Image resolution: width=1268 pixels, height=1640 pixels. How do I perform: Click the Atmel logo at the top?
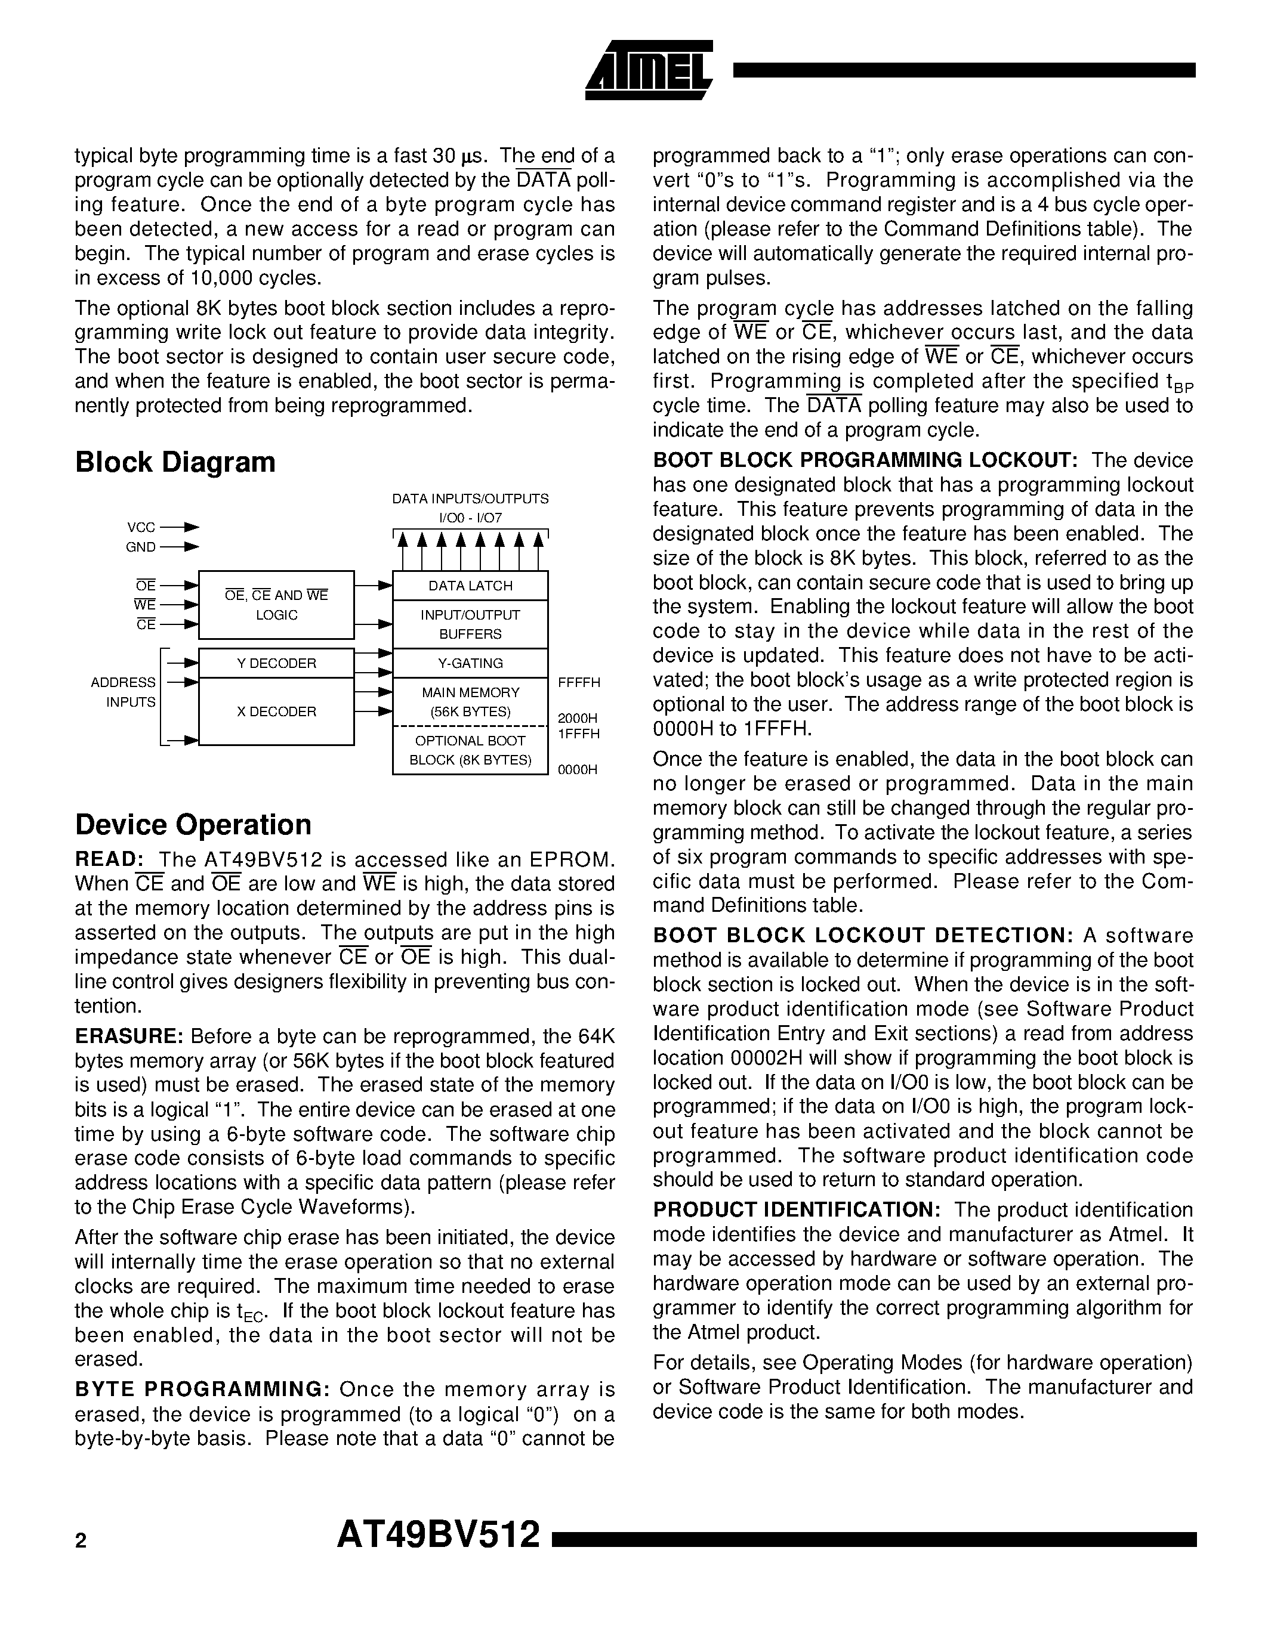[647, 70]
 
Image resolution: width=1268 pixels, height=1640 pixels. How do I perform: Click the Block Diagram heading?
[175, 462]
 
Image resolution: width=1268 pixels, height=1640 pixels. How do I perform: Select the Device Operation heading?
[193, 825]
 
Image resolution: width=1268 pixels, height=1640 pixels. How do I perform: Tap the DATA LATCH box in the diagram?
[470, 586]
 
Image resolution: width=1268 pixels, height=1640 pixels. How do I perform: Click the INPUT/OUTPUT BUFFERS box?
[470, 624]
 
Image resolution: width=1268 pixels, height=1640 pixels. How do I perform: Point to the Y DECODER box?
[276, 663]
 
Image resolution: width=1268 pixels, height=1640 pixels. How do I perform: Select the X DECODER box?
[276, 711]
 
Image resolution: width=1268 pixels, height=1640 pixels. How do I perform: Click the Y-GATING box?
[470, 663]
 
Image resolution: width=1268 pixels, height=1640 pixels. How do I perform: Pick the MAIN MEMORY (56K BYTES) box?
[470, 702]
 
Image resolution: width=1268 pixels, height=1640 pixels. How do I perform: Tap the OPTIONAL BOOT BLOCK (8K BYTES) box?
[470, 750]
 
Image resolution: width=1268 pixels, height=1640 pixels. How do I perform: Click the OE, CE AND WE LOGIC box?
[276, 605]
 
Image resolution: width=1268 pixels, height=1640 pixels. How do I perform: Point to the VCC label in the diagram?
[141, 528]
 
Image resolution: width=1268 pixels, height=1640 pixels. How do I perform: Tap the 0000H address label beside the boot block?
[578, 770]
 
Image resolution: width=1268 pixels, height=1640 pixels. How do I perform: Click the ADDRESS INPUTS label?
[124, 692]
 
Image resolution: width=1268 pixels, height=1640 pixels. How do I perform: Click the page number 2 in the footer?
[81, 1541]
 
